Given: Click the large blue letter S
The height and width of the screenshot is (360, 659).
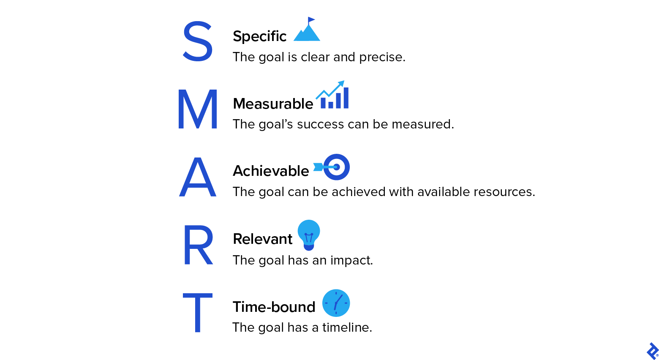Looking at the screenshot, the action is (197, 41).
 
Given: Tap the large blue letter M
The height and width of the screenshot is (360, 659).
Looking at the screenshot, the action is (198, 109).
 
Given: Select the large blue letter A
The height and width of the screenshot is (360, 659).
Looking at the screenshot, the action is (198, 177).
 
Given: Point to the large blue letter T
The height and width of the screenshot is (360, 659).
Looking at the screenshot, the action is (198, 313).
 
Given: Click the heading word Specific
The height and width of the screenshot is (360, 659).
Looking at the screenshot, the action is (259, 37).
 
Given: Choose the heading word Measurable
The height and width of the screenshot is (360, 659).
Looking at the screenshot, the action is (273, 104).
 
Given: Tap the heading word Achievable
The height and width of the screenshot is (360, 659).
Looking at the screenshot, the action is (271, 171).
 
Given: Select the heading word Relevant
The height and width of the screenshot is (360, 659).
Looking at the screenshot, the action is (262, 239).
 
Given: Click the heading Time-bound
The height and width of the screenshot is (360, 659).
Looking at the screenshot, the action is (274, 307).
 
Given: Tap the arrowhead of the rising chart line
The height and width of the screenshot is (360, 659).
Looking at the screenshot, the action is (341, 83).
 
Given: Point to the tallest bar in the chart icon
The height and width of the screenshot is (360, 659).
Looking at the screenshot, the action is (346, 98).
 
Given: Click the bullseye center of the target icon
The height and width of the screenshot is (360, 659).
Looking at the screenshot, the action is (337, 167).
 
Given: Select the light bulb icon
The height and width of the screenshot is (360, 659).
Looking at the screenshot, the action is (309, 235).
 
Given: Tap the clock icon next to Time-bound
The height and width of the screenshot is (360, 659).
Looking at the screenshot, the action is (336, 303).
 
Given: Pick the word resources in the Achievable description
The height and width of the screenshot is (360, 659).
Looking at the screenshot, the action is (504, 192).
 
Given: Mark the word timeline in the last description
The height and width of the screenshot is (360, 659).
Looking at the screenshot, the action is (347, 327).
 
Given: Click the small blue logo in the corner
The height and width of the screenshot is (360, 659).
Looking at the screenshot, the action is (652, 351).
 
